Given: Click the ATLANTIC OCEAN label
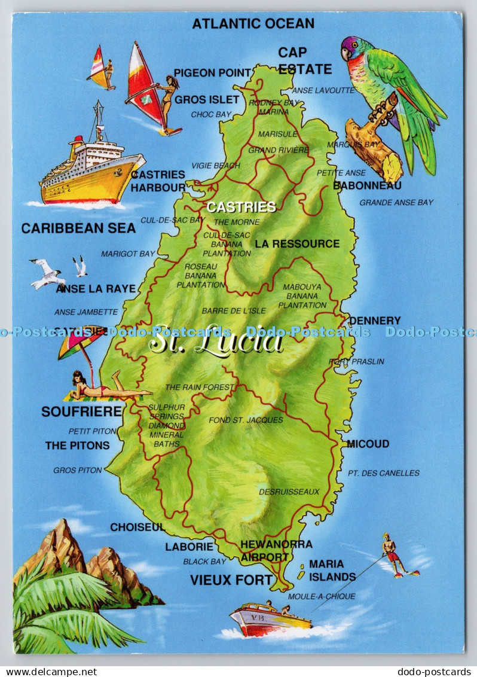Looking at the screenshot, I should point(253,23).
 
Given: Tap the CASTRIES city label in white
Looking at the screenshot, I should point(241,207).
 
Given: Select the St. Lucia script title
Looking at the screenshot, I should point(216,341).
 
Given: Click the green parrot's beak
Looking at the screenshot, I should point(346,54).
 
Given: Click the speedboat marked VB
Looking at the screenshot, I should point(270,619).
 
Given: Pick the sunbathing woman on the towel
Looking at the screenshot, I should point(105,388).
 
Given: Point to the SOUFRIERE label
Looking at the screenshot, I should point(81,411).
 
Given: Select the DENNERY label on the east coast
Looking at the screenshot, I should point(375,321).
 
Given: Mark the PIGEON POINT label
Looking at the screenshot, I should point(212,72).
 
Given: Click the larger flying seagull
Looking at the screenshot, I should point(48,273).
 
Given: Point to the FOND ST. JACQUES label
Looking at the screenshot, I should point(246,420).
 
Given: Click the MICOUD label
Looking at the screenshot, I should point(368,444).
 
